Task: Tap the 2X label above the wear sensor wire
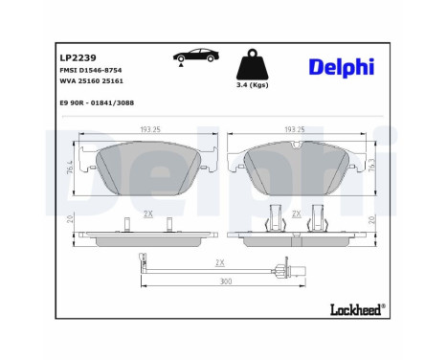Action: pyautogui.click(x=219, y=261)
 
